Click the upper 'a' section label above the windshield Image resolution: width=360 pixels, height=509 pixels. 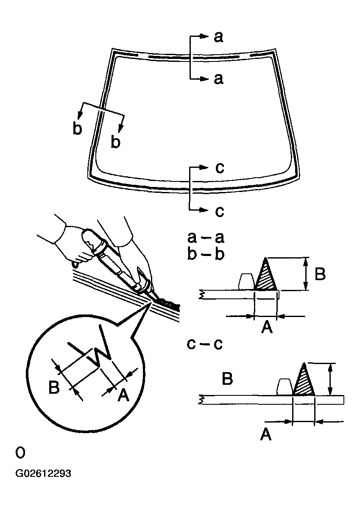[218, 37]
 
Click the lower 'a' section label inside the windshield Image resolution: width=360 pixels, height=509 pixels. [218, 79]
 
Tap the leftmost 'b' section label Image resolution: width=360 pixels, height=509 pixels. [77, 128]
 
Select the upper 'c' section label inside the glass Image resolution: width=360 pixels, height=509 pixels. [219, 168]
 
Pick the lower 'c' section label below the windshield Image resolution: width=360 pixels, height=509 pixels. [219, 211]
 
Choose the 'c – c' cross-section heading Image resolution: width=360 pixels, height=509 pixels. [205, 344]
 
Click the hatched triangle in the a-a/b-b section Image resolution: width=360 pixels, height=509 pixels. [265, 278]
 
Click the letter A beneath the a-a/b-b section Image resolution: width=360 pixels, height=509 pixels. [266, 327]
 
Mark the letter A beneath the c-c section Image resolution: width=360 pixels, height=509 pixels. [265, 434]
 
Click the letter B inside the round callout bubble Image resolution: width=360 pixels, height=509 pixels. [54, 387]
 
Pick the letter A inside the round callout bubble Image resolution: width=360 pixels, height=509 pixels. [122, 395]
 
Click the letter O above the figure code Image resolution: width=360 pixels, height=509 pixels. [20, 453]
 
